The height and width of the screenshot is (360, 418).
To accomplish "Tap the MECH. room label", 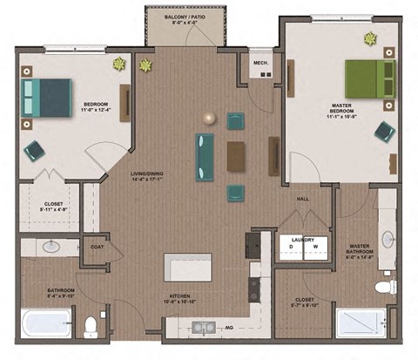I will point(260,63).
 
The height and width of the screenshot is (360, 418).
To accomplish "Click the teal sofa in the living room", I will point(205,150).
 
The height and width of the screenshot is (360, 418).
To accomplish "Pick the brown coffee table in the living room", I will point(236,156).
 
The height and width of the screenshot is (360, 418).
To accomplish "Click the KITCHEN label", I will point(180,298).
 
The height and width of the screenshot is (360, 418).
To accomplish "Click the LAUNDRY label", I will point(303,238).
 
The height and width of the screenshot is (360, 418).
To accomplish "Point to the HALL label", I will point(303,199).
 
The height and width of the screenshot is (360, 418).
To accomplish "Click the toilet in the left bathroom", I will point(91,326).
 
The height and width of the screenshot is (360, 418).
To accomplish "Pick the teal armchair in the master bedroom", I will point(384,132).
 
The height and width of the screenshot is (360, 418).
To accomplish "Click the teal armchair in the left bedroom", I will point(34,151).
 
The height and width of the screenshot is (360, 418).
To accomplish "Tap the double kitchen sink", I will point(204,327).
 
